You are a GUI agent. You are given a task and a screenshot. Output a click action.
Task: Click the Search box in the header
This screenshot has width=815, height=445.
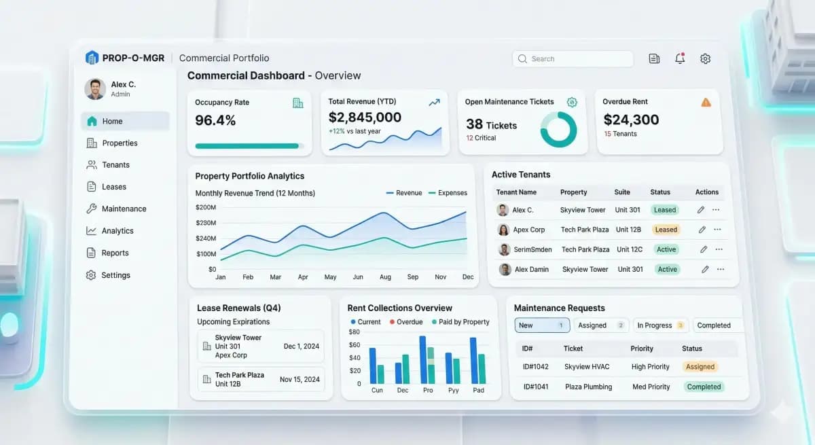tap(572, 59)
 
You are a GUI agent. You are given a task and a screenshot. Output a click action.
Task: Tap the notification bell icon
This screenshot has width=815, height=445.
tap(680, 59)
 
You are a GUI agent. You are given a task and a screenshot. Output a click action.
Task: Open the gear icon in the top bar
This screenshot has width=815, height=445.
tap(705, 59)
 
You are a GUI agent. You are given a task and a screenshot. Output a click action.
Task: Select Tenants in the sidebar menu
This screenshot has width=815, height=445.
tap(115, 165)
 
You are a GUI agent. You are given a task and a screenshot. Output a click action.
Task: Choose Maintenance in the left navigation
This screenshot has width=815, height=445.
tap(124, 209)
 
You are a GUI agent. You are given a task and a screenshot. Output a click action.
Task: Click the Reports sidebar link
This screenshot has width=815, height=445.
tap(115, 253)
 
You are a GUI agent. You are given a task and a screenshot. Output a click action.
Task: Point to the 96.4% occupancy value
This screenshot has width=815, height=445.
tap(215, 121)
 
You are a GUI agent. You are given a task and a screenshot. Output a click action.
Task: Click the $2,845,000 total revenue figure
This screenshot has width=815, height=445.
tap(365, 118)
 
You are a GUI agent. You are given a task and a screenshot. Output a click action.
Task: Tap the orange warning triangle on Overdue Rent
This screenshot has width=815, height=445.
tap(706, 103)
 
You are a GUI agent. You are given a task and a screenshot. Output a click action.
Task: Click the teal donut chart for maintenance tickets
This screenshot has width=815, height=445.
tap(558, 129)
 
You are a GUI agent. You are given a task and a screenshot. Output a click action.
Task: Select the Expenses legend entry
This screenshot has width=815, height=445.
tap(448, 193)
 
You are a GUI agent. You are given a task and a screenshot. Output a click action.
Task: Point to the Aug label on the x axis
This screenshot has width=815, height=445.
tap(385, 277)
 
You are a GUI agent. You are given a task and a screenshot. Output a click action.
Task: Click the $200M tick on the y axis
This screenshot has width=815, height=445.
tap(206, 207)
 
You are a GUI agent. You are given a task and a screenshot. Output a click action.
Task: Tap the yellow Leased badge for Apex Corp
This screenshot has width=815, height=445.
tap(666, 230)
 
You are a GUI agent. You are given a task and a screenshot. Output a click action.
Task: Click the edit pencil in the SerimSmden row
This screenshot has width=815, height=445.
tap(704, 249)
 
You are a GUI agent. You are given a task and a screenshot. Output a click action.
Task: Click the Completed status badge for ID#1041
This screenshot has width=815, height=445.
tap(703, 387)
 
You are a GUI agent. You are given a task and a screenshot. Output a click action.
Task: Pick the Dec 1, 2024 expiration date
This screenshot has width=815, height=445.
tap(301, 346)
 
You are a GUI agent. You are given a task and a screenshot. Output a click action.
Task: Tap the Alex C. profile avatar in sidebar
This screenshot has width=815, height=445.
tap(95, 89)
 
